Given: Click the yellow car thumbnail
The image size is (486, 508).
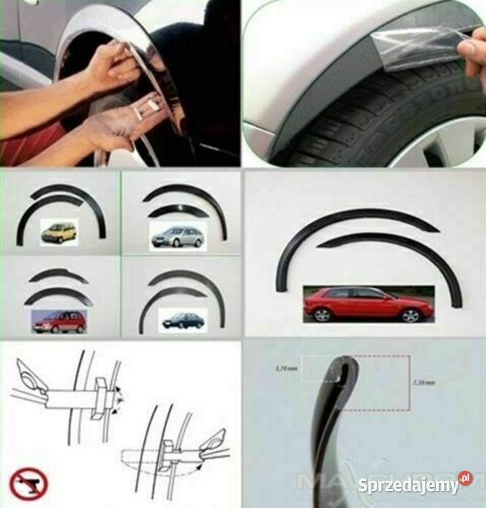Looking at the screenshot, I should (x=59, y=231).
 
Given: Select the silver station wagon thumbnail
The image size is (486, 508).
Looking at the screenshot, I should (x=176, y=236).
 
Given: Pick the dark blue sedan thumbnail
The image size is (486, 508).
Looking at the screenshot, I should (x=183, y=320).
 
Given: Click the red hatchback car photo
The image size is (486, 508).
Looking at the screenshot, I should (x=369, y=303).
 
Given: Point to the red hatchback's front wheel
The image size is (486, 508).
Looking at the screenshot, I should (x=410, y=316).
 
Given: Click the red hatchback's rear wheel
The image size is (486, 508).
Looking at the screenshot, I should (x=322, y=315).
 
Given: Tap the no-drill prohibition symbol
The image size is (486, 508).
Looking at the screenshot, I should (x=28, y=482).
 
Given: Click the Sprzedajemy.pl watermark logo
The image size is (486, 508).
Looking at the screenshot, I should (x=415, y=485).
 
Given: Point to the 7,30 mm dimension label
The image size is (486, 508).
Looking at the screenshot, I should (x=424, y=383).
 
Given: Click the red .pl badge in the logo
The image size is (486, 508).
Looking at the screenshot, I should (x=465, y=478).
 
